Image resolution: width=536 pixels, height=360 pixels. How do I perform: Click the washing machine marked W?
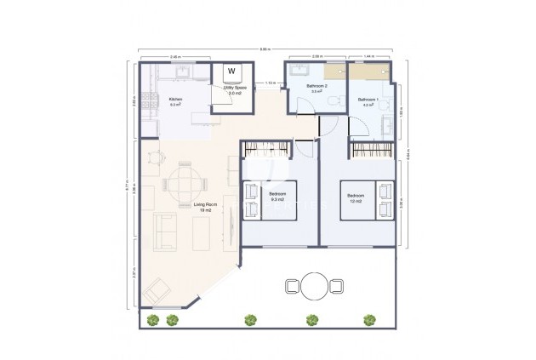231,71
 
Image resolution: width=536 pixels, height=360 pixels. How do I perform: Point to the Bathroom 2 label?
316,89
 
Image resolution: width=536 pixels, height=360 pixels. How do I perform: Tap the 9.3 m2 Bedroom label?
277,197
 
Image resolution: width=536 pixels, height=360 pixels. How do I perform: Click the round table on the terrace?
315,286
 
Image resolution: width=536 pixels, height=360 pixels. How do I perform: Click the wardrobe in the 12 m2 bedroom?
373,151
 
